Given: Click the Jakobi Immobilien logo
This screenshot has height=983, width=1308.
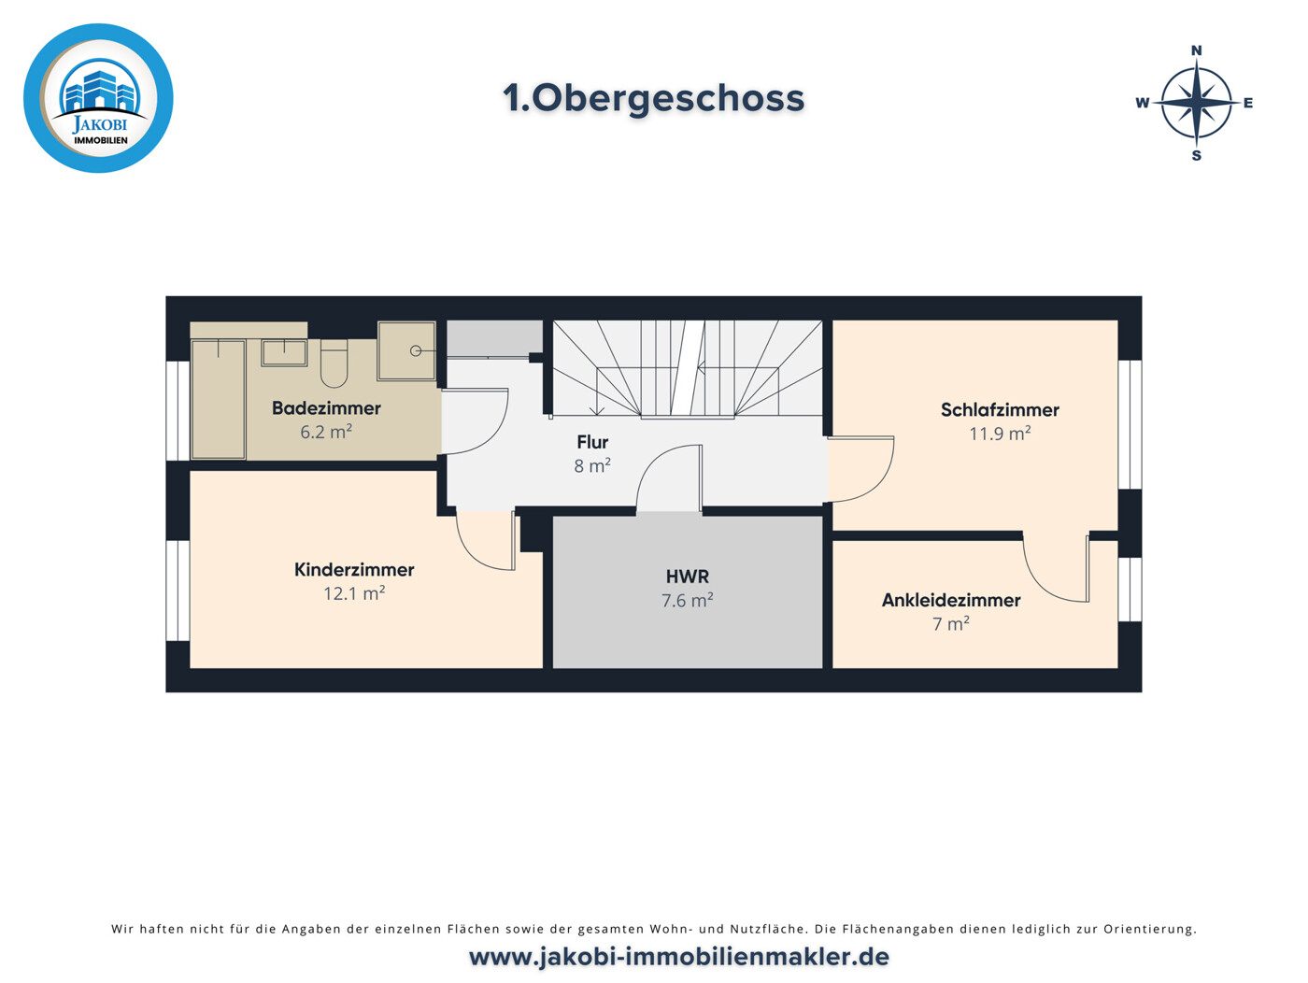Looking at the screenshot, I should (98, 98).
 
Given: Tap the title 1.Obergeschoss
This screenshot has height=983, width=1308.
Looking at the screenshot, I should (653, 98).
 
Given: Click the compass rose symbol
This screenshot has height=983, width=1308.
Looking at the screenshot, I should (1195, 103).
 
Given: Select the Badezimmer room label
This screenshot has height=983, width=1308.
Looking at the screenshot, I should (326, 408).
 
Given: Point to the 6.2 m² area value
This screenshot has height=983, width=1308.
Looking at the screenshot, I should (326, 432).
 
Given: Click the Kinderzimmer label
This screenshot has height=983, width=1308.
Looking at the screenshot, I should (354, 569).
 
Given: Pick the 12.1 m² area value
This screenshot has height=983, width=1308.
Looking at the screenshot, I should (354, 593).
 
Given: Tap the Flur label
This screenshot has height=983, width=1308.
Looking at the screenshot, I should (592, 442).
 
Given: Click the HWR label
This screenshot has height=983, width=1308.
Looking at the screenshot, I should (688, 577).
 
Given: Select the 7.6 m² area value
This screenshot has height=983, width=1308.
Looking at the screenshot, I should (688, 601).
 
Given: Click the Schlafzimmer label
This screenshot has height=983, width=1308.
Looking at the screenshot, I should (1000, 409).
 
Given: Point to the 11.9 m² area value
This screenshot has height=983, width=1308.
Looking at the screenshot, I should (1000, 434).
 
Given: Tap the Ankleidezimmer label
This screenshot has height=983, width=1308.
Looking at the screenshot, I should (951, 600).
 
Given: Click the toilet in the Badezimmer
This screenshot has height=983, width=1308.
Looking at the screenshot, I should (334, 363).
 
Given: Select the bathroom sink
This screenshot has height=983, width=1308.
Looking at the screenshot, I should (284, 352).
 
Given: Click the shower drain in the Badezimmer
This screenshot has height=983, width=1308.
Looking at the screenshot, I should (416, 350).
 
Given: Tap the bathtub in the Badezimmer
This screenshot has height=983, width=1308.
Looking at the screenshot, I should (219, 399).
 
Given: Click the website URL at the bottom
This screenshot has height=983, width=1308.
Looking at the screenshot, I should (679, 957).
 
